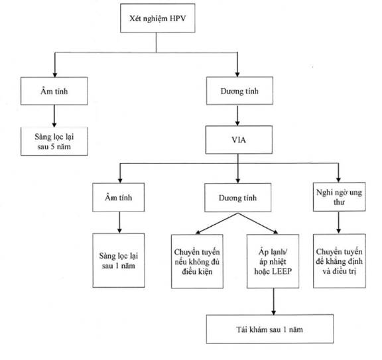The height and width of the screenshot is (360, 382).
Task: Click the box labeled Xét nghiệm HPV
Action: [158, 18]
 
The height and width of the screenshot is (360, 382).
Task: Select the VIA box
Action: [239, 140]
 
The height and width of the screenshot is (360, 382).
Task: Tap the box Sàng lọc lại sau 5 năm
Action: [54, 141]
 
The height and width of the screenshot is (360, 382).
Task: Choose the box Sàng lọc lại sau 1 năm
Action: [119, 261]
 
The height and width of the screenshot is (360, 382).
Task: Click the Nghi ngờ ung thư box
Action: [339, 197]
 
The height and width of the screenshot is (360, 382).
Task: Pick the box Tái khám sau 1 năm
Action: [270, 329]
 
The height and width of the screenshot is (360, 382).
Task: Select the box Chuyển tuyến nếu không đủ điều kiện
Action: [197, 261]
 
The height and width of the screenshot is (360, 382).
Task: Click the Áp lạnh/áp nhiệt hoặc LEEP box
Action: [273, 261]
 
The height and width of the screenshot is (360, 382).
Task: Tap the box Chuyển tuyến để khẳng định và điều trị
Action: [340, 261]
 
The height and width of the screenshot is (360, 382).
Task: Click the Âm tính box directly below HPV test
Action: [54, 91]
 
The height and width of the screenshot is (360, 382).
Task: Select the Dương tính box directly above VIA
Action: [239, 91]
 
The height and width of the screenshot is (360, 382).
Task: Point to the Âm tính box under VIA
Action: [119, 198]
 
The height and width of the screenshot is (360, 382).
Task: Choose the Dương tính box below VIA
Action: [238, 198]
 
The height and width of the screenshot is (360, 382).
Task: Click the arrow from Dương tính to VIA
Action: [237, 115]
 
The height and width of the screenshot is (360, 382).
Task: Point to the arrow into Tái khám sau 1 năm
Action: [274, 302]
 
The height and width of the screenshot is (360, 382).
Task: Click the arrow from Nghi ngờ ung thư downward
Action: [339, 223]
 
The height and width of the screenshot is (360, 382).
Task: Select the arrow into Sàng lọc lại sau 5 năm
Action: [54, 116]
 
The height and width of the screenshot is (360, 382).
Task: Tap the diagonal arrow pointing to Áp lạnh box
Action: [258, 223]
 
